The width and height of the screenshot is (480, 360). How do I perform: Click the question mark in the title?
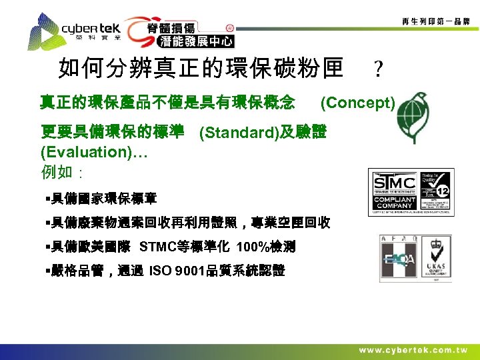pyautogui.click(x=378, y=69)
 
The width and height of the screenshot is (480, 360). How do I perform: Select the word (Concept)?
pyautogui.click(x=358, y=103)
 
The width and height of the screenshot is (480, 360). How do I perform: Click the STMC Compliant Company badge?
pyautogui.click(x=411, y=191)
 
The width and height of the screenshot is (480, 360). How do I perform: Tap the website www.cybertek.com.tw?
pyautogui.click(x=413, y=351)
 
